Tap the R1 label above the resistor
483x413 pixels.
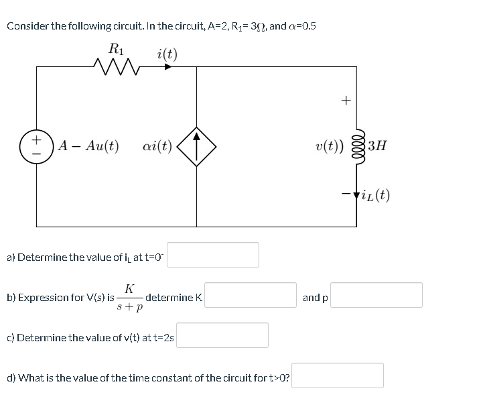[116, 48]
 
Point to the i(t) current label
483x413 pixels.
[167, 52]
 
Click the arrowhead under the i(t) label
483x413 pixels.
[170, 66]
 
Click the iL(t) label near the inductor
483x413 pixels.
[377, 196]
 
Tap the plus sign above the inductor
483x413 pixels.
[346, 101]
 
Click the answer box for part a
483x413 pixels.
[213, 255]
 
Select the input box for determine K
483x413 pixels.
[251, 295]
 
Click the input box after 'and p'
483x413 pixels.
[376, 295]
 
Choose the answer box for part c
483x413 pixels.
[222, 335]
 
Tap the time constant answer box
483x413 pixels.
[338, 375]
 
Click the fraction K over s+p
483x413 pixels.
[129, 296]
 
